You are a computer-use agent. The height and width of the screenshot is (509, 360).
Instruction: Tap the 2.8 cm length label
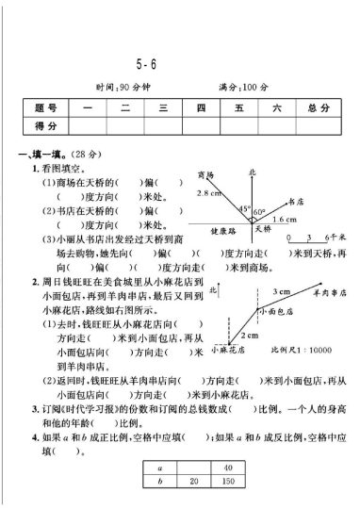[x=207, y=193]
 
